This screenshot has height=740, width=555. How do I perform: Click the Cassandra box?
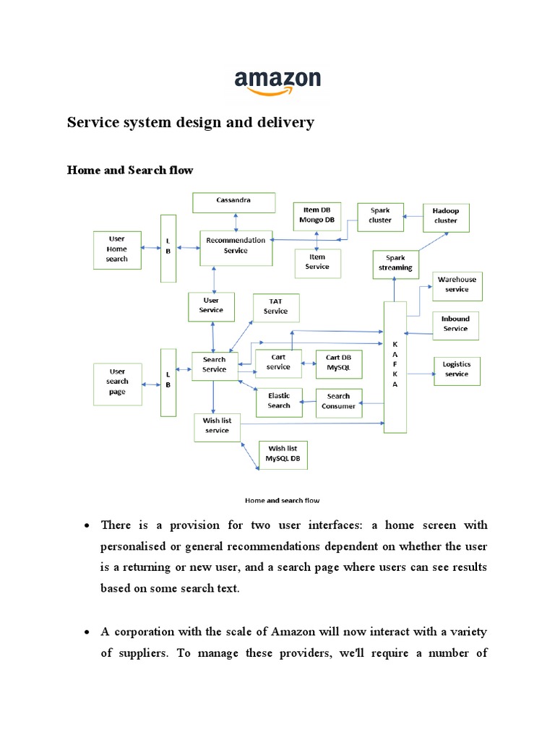pos(233,202)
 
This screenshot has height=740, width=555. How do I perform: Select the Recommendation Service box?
pos(236,247)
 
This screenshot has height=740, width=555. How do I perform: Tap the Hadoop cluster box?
pos(446,217)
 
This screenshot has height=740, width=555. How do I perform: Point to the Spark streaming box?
pos(395,264)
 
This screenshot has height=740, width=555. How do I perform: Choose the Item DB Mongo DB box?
pos(317,216)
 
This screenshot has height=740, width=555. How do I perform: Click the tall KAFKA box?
pos(395,367)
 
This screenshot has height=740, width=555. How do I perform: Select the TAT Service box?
pos(275,307)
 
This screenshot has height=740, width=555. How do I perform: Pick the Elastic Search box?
pos(279,402)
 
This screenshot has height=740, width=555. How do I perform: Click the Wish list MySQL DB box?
pos(282,455)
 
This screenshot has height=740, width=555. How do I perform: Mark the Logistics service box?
pos(457,370)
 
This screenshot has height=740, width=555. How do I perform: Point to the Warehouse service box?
pos(457,285)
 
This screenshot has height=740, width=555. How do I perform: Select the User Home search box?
pos(117,250)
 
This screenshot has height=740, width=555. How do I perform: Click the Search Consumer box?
pos(338,403)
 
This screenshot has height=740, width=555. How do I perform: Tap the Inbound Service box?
pos(455,324)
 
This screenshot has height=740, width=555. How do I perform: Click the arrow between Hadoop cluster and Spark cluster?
pos(413,215)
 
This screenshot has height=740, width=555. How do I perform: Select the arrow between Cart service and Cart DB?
pos(306,363)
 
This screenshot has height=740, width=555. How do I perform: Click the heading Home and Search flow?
pos(130,170)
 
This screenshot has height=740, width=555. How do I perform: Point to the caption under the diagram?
pos(283,500)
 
